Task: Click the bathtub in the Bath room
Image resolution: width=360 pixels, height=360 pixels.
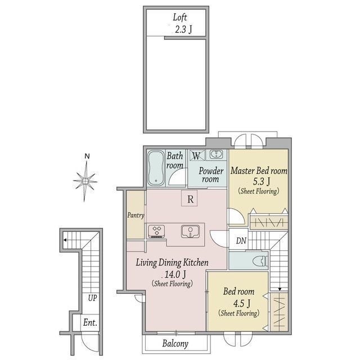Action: pyautogui.click(x=156, y=168)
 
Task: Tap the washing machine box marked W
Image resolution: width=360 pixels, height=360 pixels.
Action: pyautogui.click(x=197, y=155)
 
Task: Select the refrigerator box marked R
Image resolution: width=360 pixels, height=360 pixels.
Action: pyautogui.click(x=189, y=198)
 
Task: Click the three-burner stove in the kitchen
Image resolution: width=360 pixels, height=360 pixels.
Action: pyautogui.click(x=156, y=231)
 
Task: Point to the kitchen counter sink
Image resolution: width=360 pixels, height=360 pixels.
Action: pyautogui.click(x=190, y=231)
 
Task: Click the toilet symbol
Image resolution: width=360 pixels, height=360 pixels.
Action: pyautogui.click(x=260, y=261)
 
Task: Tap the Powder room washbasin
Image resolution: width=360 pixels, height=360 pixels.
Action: pyautogui.click(x=216, y=154)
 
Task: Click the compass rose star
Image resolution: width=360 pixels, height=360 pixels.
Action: pyautogui.click(x=85, y=181)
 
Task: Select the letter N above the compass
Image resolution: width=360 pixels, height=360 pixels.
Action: pyautogui.click(x=87, y=156)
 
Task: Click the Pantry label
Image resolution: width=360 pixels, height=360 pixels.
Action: pyautogui.click(x=136, y=215)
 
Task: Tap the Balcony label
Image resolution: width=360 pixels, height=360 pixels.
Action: pyautogui.click(x=175, y=344)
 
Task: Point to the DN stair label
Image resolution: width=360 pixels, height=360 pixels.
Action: pyautogui.click(x=241, y=241)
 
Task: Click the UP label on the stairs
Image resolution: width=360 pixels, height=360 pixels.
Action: pyautogui.click(x=92, y=298)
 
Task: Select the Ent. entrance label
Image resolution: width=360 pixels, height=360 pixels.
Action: pyautogui.click(x=90, y=322)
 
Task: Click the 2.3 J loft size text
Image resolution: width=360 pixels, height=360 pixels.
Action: pyautogui.click(x=183, y=30)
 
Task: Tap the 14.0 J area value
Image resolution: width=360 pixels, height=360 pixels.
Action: pyautogui.click(x=175, y=274)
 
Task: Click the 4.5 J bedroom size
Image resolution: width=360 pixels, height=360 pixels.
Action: pyautogui.click(x=241, y=304)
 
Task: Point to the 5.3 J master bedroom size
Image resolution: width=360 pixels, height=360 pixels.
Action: pyautogui.click(x=261, y=181)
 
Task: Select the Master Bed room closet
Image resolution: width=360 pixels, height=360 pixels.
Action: pyautogui.click(x=269, y=222)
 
